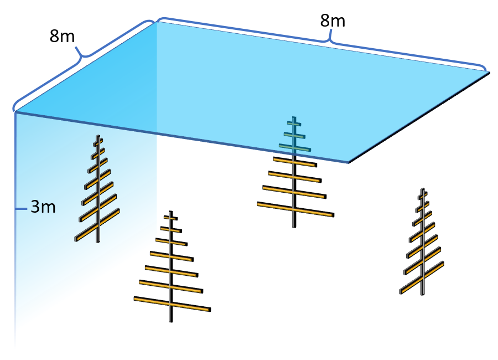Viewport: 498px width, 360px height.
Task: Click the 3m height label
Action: tap(43, 208)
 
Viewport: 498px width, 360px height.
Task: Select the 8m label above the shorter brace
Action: tap(62, 37)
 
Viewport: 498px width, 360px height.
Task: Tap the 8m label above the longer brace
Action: tap(333, 21)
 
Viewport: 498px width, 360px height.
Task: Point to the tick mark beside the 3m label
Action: tap(21, 209)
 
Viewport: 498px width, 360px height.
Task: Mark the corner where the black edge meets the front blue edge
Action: tap(348, 162)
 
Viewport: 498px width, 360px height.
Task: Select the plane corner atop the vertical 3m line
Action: tap(15, 112)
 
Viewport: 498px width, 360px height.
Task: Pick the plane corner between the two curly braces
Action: tap(156, 22)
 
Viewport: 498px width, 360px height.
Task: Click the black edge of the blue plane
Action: tap(418, 117)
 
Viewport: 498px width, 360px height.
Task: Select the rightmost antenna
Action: tap(422, 244)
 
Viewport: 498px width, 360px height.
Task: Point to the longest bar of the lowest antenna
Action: tap(172, 304)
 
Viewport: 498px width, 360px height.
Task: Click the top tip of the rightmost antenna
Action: tap(423, 189)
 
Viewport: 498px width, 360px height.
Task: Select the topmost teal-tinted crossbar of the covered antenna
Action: tap(294, 122)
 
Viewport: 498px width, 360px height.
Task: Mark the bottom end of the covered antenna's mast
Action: tap(294, 225)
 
